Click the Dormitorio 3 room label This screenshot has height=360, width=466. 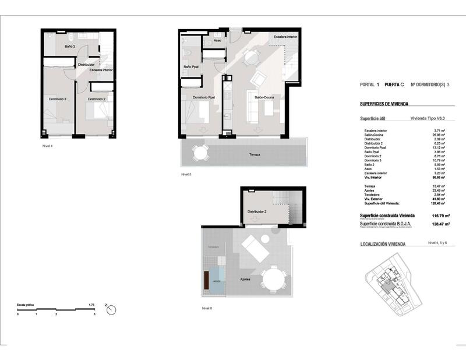(x=57, y=99)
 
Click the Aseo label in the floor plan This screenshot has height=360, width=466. (x=217, y=41)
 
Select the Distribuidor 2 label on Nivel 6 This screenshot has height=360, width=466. (x=257, y=211)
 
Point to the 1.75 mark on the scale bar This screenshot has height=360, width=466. (x=91, y=305)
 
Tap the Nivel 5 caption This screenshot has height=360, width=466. (x=186, y=174)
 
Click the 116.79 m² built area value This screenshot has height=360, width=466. (x=434, y=216)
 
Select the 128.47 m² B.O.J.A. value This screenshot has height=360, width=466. (x=434, y=224)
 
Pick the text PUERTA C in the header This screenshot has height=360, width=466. (x=394, y=84)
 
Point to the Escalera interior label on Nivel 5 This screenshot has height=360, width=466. (x=285, y=36)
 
